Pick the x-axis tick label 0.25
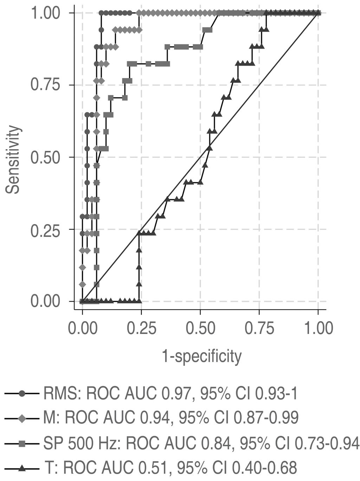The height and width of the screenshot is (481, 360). tap(142, 328)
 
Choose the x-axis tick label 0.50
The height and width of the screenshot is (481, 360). tap(200, 328)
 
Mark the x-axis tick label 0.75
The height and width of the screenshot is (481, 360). tap(259, 328)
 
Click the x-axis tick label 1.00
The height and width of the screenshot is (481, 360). tap(318, 328)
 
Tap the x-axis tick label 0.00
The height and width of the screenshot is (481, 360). tap(82, 328)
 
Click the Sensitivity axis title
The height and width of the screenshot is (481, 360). tap(13, 159)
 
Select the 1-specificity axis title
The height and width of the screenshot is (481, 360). tap(201, 356)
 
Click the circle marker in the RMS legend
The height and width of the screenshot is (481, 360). tap(22, 394)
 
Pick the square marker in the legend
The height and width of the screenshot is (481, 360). tap(22, 443)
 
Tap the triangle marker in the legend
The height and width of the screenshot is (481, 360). tap(22, 468)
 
